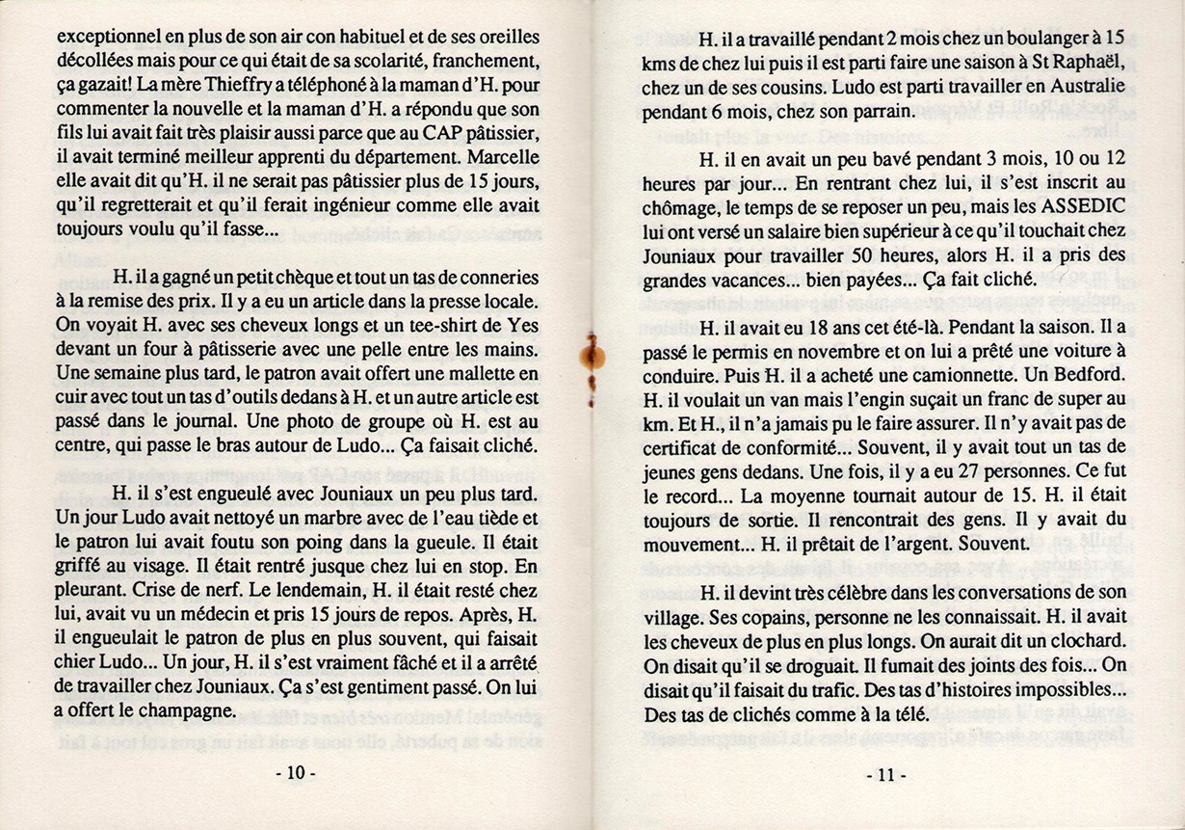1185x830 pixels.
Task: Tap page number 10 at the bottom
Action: [x=296, y=773]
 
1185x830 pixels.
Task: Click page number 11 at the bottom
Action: [x=885, y=773]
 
